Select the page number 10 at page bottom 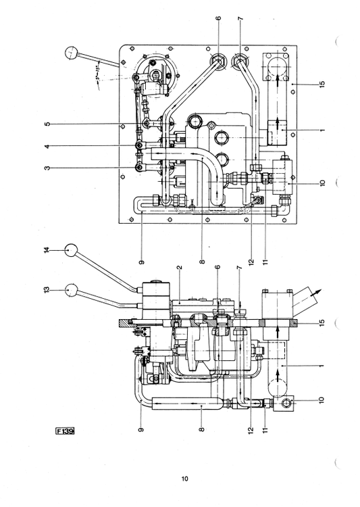click(184, 479)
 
